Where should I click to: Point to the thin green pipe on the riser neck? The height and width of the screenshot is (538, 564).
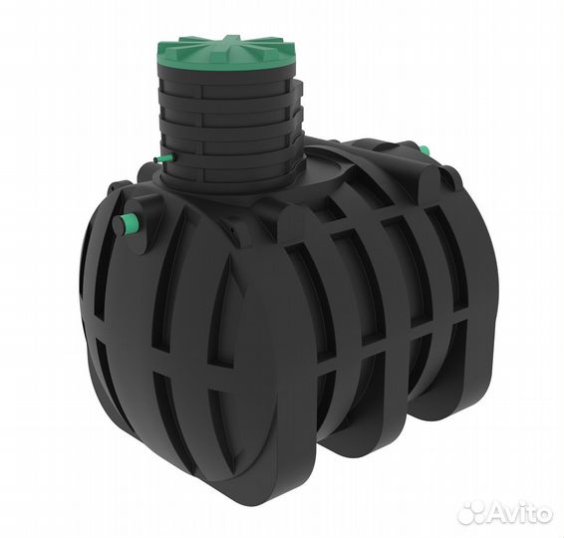click(x=163, y=158)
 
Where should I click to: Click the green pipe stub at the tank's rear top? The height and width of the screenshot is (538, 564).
click(x=424, y=150)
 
